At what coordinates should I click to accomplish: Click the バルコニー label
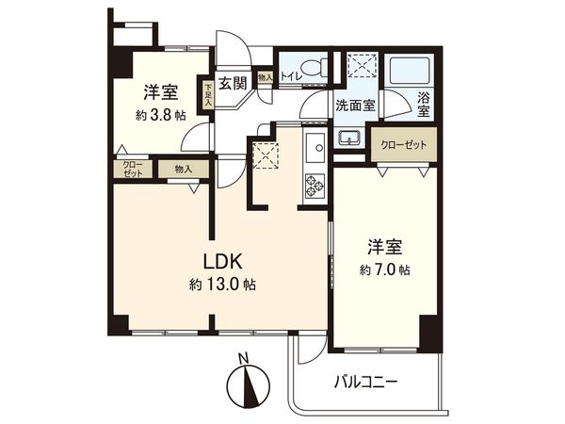[x=370, y=383]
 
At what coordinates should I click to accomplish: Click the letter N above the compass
[x=243, y=359]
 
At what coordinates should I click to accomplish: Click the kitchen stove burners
[x=313, y=188]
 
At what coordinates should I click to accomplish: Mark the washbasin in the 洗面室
[x=348, y=138]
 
